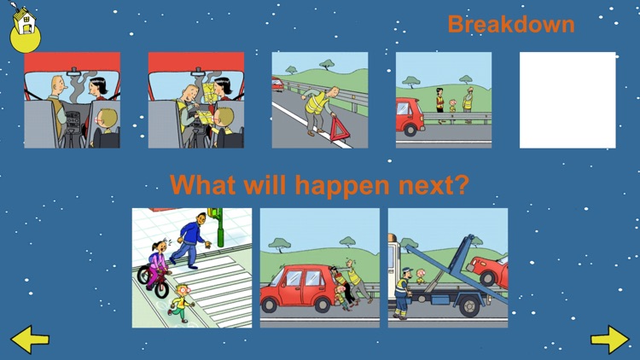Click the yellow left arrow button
click(30, 340)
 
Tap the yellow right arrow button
click(609, 340)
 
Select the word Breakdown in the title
click(510, 24)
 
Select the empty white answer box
click(567, 100)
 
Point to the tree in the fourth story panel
click(413, 84)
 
